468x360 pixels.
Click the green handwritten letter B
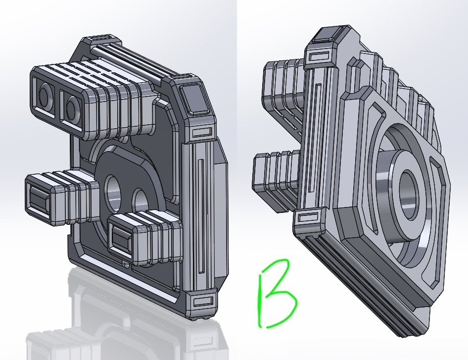coord(276,294)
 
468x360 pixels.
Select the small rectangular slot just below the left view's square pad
coord(202,132)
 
